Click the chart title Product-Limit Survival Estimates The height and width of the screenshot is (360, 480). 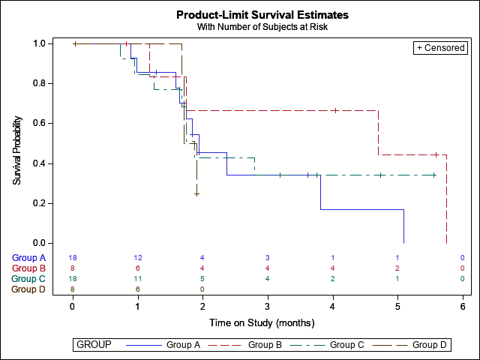pos(262,15)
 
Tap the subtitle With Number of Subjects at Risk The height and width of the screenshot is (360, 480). pos(262,27)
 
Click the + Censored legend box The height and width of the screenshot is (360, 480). pos(441,48)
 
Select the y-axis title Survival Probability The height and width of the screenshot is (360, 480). pos(16,151)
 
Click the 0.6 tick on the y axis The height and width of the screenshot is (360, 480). pos(43,123)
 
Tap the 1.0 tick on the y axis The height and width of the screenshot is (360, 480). pos(43,43)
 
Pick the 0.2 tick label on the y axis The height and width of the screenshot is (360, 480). pos(43,203)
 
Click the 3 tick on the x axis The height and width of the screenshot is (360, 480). pos(268,305)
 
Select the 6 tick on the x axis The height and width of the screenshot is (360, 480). pos(463,305)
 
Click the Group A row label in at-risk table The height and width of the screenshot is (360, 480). pos(28,258)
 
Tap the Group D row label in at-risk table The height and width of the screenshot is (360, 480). pos(28,289)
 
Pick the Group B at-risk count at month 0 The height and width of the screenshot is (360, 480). pos(73,268)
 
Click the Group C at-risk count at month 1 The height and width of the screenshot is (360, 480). pos(138,278)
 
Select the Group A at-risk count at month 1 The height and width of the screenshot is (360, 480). pos(138,258)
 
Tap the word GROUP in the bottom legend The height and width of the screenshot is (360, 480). pos(94,345)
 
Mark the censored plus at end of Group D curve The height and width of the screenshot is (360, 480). pos(196,193)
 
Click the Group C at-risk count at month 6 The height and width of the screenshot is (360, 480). pos(463,278)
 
